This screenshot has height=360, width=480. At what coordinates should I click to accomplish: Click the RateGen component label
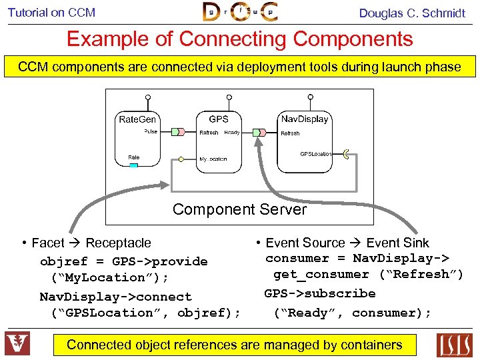(x=137, y=119)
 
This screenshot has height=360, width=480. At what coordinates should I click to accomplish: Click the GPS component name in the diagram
(x=219, y=119)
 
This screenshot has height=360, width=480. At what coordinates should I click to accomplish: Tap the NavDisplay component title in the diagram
(x=305, y=119)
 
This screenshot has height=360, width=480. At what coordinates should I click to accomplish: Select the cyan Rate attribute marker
(x=133, y=165)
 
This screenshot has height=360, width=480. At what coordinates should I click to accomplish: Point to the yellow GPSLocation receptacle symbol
(x=345, y=154)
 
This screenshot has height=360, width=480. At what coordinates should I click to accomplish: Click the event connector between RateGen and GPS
(x=177, y=132)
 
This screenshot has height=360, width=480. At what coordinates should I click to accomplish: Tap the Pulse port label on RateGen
(x=151, y=132)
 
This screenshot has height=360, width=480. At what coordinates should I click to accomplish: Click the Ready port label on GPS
(x=232, y=133)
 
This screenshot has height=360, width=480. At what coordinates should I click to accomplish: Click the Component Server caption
(x=239, y=209)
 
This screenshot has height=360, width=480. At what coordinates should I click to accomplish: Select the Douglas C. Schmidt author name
(x=412, y=13)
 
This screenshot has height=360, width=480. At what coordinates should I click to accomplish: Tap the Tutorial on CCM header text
(x=51, y=12)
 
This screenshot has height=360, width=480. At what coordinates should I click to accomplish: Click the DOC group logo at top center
(x=240, y=12)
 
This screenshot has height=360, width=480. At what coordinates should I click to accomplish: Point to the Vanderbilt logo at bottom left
(x=17, y=344)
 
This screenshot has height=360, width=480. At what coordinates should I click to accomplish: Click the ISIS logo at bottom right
(x=454, y=345)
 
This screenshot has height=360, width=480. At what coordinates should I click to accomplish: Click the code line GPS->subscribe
(x=320, y=293)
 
